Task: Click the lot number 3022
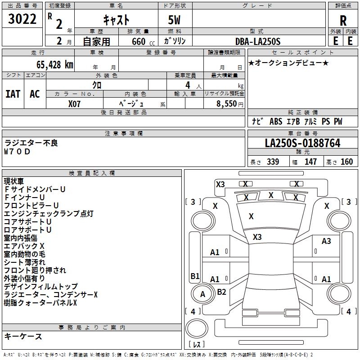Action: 22,20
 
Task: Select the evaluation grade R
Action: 343,20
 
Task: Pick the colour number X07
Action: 75,103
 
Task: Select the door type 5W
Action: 175,20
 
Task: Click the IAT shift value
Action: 13,94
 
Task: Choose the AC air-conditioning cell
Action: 35,94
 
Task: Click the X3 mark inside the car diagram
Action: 257,237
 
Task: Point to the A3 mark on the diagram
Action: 326,241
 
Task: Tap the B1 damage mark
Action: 195,276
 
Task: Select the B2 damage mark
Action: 221,292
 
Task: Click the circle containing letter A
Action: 202,294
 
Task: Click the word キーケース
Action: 23,337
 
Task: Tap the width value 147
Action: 310,162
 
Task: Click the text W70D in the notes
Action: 18,152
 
